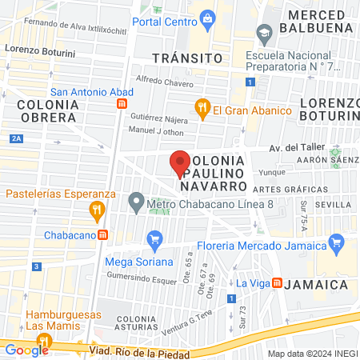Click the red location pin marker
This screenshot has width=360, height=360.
(x=180, y=163)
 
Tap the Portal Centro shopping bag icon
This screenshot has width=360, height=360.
(x=207, y=18)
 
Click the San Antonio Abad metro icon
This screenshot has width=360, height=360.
(x=122, y=104)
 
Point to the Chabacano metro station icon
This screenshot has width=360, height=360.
(x=102, y=235)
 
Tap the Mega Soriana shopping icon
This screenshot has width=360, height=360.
(x=155, y=238)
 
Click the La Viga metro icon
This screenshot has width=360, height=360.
(x=277, y=283)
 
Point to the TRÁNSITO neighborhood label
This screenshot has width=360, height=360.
(x=186, y=58)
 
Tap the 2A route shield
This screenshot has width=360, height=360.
(x=17, y=139)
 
